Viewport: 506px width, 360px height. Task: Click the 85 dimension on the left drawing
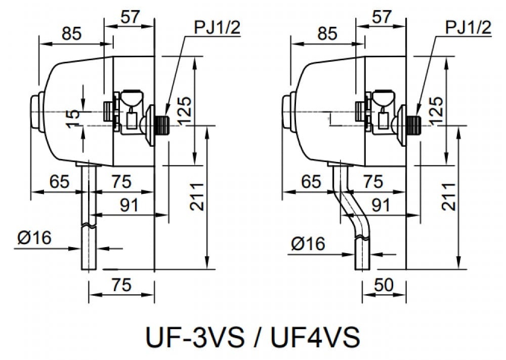(x=72, y=34)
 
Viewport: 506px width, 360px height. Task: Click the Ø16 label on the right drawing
(x=308, y=244)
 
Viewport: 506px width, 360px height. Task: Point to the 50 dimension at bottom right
(x=384, y=285)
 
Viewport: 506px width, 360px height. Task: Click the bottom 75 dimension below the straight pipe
(x=121, y=285)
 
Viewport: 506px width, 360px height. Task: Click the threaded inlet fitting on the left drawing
(x=162, y=123)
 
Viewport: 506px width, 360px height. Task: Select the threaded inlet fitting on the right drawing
(x=414, y=123)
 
